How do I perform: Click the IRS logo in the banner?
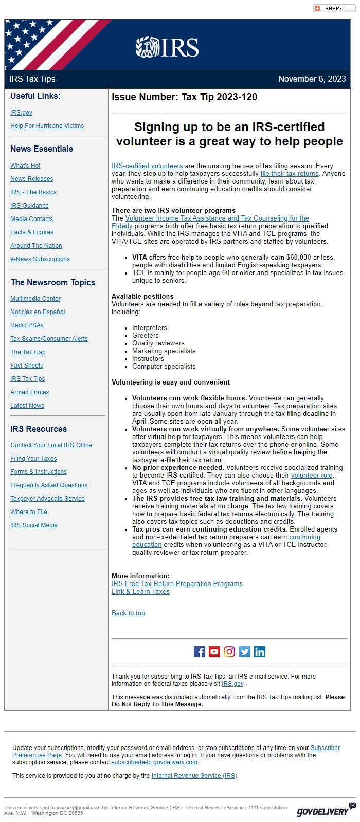(167, 47)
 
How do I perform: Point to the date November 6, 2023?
(312, 79)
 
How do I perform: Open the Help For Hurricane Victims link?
(47, 126)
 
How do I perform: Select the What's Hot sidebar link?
(25, 166)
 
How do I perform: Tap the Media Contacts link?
(31, 219)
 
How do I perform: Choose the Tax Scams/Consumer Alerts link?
(49, 339)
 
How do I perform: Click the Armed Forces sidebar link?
(29, 392)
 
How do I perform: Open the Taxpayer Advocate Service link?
(47, 499)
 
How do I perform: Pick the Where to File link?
(28, 512)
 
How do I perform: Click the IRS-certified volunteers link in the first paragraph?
(147, 166)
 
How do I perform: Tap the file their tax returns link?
(290, 174)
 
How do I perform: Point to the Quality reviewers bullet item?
(158, 343)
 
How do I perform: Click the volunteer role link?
(312, 476)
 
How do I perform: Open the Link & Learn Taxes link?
(140, 592)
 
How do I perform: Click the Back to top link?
(128, 613)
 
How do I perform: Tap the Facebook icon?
(200, 652)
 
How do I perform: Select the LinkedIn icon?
(260, 652)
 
